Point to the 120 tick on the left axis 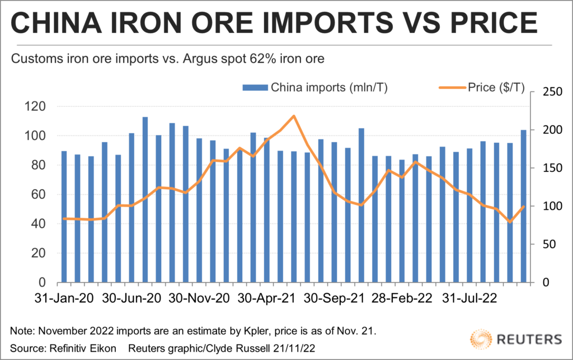coord(43,106)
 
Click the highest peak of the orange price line coord(294,116)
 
